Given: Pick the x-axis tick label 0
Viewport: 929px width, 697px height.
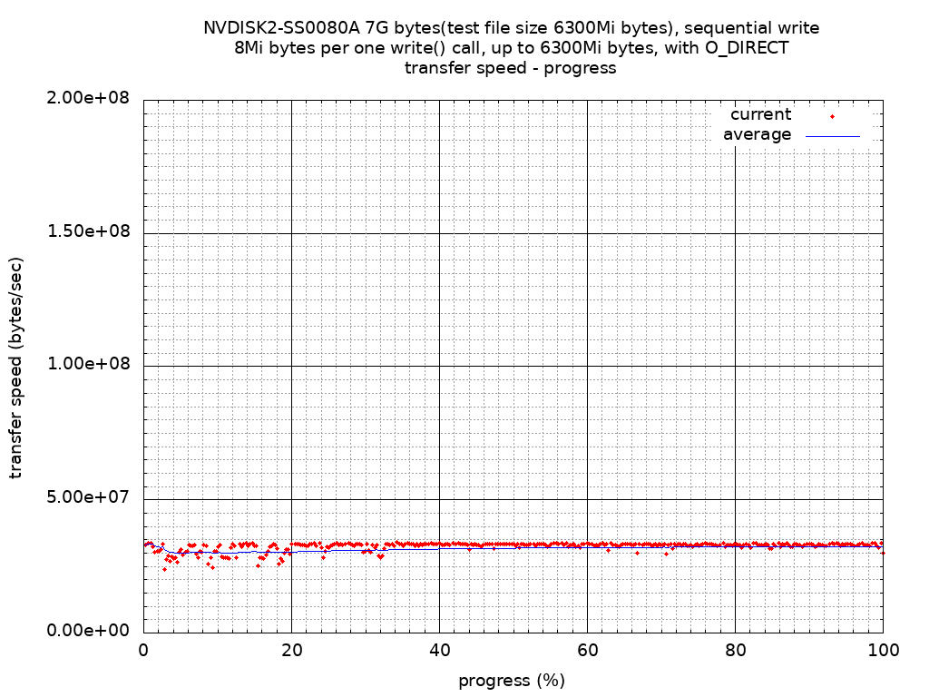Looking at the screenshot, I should tap(143, 651).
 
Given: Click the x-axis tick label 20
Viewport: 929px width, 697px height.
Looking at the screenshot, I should tap(291, 651).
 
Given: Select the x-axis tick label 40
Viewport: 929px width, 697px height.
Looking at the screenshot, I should tap(439, 651).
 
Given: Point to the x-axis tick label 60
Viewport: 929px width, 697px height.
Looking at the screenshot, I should tap(587, 651).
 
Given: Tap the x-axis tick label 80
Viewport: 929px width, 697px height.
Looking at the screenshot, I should tap(735, 651).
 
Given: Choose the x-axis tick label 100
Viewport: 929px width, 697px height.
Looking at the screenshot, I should tap(883, 651).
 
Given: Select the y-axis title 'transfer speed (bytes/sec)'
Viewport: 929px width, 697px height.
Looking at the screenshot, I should tap(16, 368).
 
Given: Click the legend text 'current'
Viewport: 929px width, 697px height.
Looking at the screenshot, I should tap(760, 114).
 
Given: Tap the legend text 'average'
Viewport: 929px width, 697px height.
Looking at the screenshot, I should tap(757, 134).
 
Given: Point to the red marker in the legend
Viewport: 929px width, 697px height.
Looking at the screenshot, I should tap(832, 116).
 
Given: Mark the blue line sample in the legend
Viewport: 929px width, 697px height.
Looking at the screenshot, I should tap(832, 136).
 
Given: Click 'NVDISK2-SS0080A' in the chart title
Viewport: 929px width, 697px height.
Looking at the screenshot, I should tap(281, 28).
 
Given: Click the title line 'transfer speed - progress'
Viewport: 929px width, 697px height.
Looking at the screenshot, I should tap(511, 68).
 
